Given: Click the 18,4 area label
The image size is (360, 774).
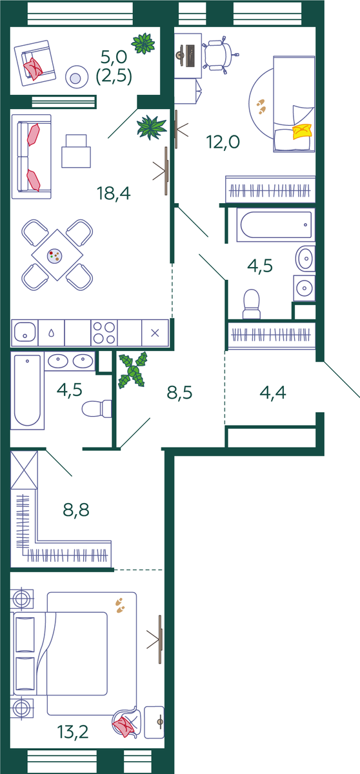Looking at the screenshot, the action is pyautogui.click(x=114, y=193).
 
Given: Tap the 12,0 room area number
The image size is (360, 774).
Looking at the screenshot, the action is pyautogui.click(x=223, y=142).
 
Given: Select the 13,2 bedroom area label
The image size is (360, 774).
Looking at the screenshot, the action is pyautogui.click(x=73, y=731).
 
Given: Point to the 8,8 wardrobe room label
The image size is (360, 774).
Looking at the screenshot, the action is pyautogui.click(x=76, y=510).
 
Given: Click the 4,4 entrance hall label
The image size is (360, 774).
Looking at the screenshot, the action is pyautogui.click(x=273, y=393).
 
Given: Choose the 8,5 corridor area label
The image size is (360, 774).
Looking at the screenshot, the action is pyautogui.click(x=179, y=393).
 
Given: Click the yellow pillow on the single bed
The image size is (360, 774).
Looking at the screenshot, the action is pyautogui.click(x=301, y=132).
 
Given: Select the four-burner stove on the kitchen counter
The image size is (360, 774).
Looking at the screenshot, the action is pyautogui.click(x=104, y=333).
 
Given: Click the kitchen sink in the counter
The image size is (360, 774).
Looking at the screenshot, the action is pyautogui.click(x=25, y=332).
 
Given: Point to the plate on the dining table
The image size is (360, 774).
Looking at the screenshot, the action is pyautogui.click(x=55, y=256).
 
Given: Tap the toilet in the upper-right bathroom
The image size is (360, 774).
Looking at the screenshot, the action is pyautogui.click(x=252, y=304).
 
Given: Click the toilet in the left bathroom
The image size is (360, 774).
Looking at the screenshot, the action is pyautogui.click(x=97, y=409).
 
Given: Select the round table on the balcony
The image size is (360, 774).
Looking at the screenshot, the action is pyautogui.click(x=75, y=77).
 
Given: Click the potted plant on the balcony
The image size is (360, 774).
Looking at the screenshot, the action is pyautogui.click(x=143, y=43).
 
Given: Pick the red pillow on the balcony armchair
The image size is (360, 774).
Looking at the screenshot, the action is pyautogui.click(x=33, y=68).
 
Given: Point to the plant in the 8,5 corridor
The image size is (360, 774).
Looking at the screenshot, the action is pyautogui.click(x=133, y=370).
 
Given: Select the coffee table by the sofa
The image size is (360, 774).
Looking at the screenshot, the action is pyautogui.click(x=76, y=152).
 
